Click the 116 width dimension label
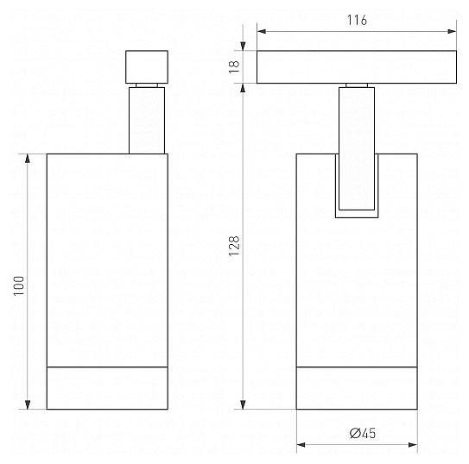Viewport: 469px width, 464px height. [357, 20]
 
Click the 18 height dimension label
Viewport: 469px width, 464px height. [234, 66]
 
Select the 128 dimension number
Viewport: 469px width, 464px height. [234, 246]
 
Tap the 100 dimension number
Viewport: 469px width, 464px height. [18, 285]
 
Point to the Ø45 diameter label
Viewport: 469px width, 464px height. [363, 433]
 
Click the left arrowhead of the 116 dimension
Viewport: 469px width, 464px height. [262, 31]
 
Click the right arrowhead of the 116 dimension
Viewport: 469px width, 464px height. [452, 31]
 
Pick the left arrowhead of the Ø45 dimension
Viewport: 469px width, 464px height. [301, 445]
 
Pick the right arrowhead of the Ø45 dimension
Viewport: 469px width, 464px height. [413, 445]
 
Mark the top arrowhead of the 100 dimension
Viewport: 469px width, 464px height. [28, 158]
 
